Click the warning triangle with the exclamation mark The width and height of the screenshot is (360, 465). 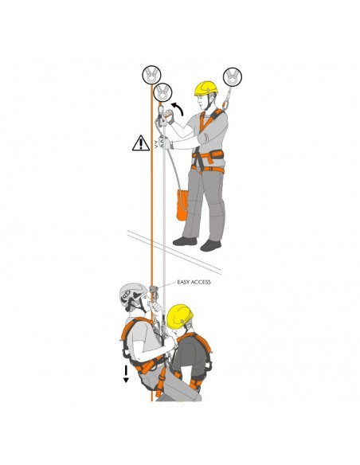(x=141, y=143)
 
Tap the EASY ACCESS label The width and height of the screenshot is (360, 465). (x=194, y=282)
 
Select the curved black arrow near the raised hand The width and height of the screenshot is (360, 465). (x=178, y=108)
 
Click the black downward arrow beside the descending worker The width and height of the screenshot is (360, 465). (x=126, y=373)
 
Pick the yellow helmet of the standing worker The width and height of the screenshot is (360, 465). (x=205, y=88)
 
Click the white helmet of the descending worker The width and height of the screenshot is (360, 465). (x=132, y=293)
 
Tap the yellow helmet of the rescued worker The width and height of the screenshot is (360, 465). (x=179, y=316)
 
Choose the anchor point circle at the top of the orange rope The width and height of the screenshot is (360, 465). (x=151, y=75)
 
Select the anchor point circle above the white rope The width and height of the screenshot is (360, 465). (x=162, y=92)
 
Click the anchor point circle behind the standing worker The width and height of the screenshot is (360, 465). (x=233, y=76)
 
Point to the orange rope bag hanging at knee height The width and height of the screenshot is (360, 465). (x=182, y=205)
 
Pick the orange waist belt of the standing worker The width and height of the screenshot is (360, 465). (x=208, y=156)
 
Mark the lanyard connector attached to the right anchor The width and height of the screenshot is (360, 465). (x=227, y=98)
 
